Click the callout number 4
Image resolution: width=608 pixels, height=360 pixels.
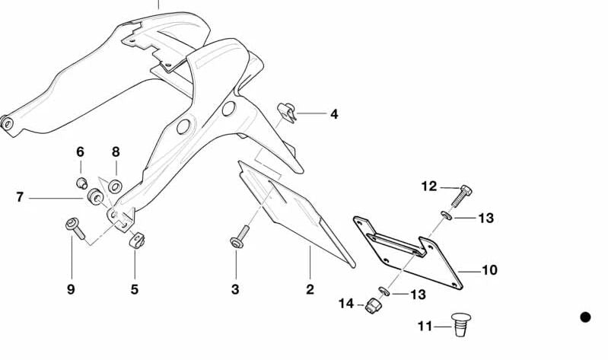point(334,114)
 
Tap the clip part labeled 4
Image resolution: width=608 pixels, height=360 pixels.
point(287,112)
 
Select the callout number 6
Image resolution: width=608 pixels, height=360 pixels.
point(80,151)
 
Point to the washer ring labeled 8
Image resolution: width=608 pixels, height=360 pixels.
point(115,186)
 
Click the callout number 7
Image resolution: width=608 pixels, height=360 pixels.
point(20,197)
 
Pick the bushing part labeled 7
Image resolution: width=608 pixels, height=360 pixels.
point(95,196)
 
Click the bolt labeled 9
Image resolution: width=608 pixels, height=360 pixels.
point(75,228)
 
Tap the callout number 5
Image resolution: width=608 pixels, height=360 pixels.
point(134,289)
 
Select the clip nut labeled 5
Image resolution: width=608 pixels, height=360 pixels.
point(136,241)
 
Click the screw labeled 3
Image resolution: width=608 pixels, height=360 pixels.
point(240,237)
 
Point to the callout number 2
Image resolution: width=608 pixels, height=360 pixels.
point(310,289)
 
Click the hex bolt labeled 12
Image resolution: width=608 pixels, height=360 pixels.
point(461,196)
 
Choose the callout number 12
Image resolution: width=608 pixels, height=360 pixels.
point(429,186)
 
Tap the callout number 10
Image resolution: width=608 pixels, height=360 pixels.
point(489,269)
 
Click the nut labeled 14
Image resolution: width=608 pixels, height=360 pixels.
point(374,306)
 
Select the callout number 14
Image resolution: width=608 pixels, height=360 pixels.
point(346,304)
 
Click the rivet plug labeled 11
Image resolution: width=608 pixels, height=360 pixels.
point(461,325)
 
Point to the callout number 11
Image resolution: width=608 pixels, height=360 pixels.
point(425,327)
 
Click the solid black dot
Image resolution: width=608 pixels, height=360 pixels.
point(585,317)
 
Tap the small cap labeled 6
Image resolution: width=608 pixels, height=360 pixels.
point(81,183)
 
